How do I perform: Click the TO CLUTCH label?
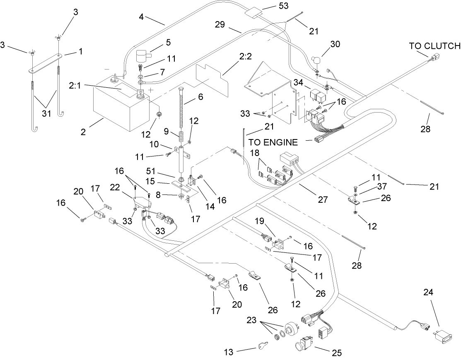pos(434,46)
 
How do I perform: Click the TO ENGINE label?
pos(273,142)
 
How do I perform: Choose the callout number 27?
pos(322,200)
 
